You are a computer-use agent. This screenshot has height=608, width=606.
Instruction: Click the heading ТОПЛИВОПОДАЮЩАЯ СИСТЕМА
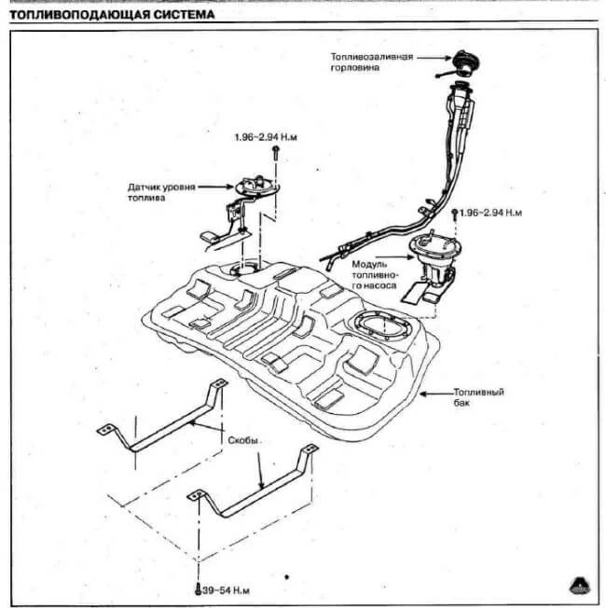pos(110,15)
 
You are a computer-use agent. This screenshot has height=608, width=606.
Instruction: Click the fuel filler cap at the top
pos(463,62)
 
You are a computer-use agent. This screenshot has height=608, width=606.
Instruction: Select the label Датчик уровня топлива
pos(161,192)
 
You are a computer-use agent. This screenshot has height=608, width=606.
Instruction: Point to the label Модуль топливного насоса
pos(376,276)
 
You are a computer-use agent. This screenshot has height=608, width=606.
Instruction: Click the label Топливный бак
pos(477,398)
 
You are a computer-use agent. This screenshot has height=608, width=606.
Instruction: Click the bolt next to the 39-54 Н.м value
pos(198,590)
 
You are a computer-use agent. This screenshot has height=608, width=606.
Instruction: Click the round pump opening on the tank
pos(379,327)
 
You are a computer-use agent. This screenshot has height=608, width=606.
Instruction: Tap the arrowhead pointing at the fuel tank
pos(424,394)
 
